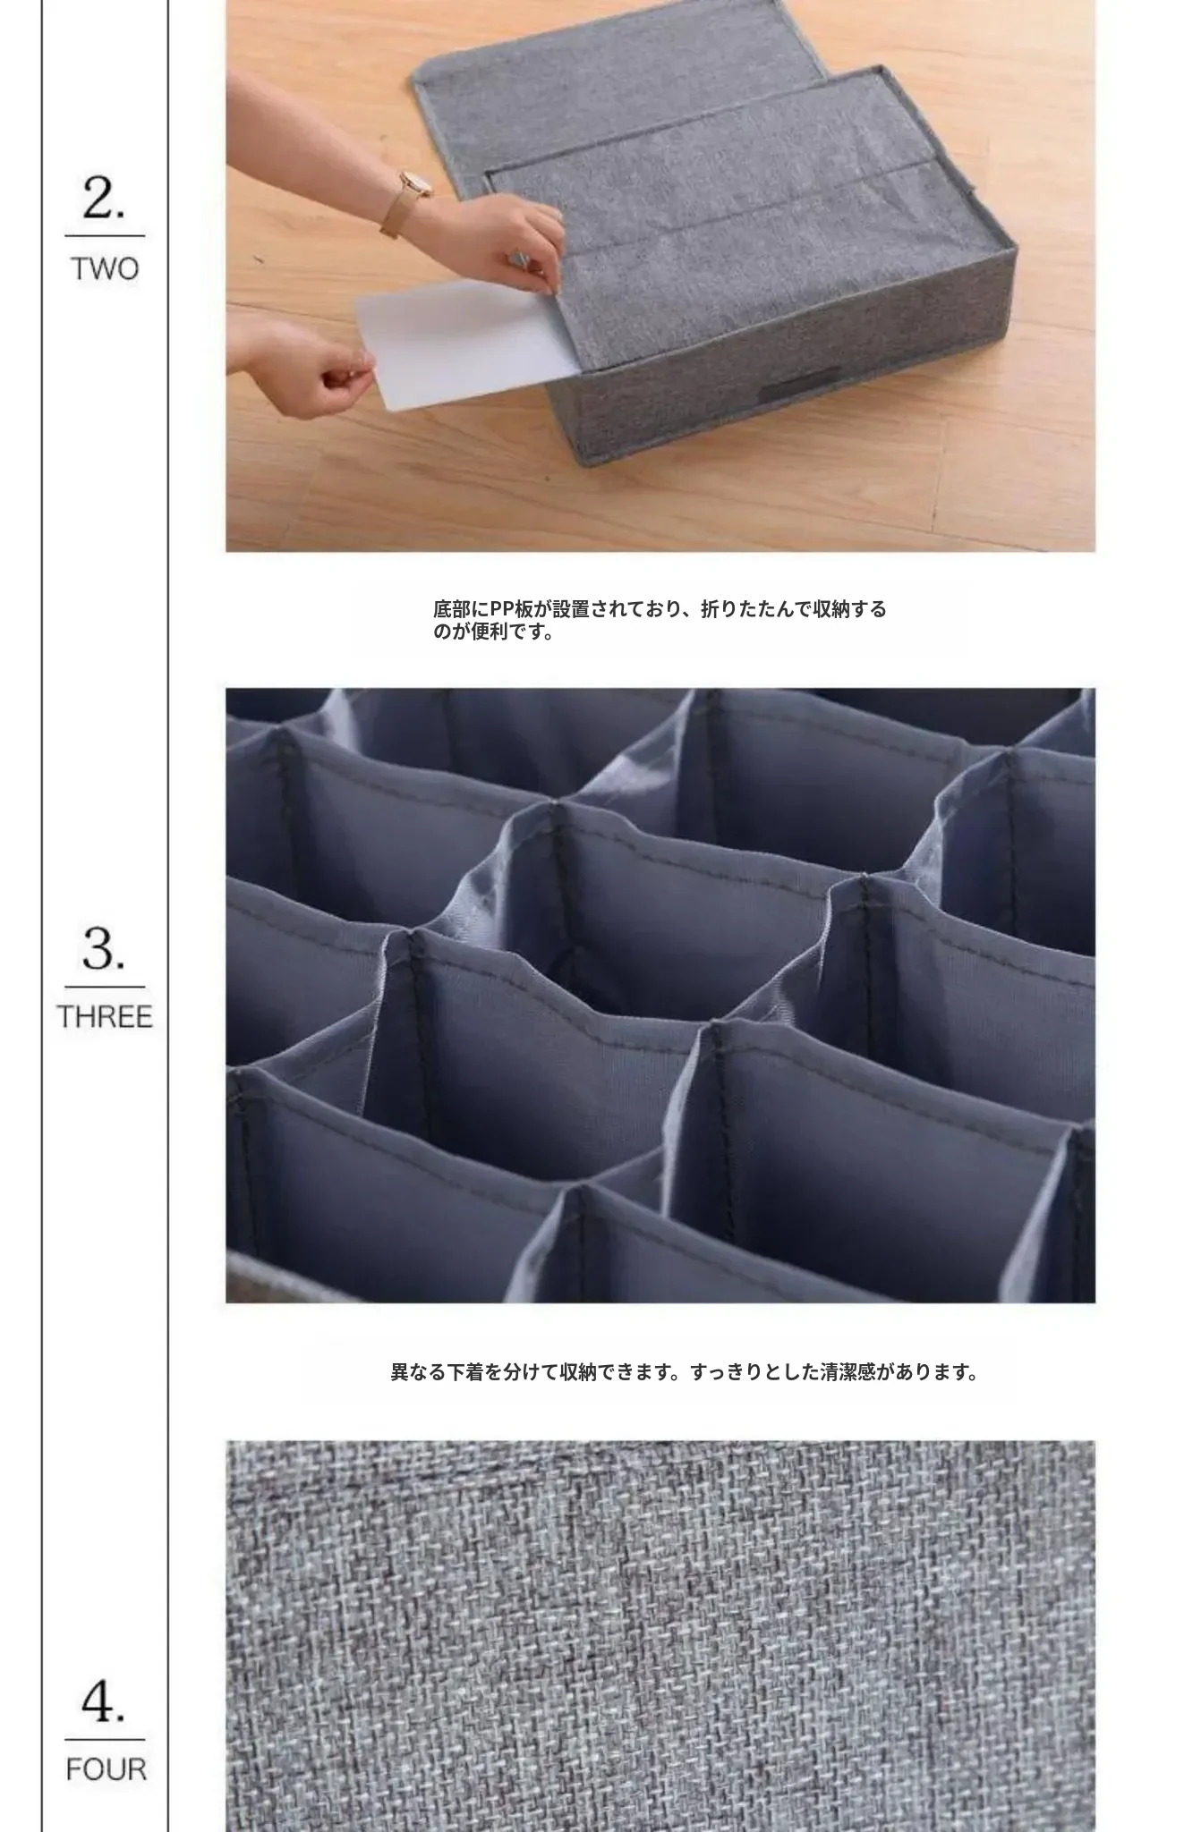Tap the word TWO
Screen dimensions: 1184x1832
pos(105,268)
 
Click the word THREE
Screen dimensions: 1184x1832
pos(105,1017)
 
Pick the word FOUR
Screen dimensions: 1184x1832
pos(106,1769)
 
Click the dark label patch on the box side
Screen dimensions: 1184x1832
pos(800,384)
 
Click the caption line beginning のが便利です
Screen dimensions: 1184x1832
pos(493,632)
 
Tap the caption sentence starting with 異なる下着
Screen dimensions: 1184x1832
pos(685,1371)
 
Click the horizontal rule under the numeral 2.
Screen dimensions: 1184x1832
pos(105,236)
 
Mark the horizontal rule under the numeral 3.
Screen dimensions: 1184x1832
pos(105,988)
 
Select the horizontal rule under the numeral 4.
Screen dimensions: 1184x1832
pos(105,1740)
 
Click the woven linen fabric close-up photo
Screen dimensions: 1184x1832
pos(660,1636)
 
